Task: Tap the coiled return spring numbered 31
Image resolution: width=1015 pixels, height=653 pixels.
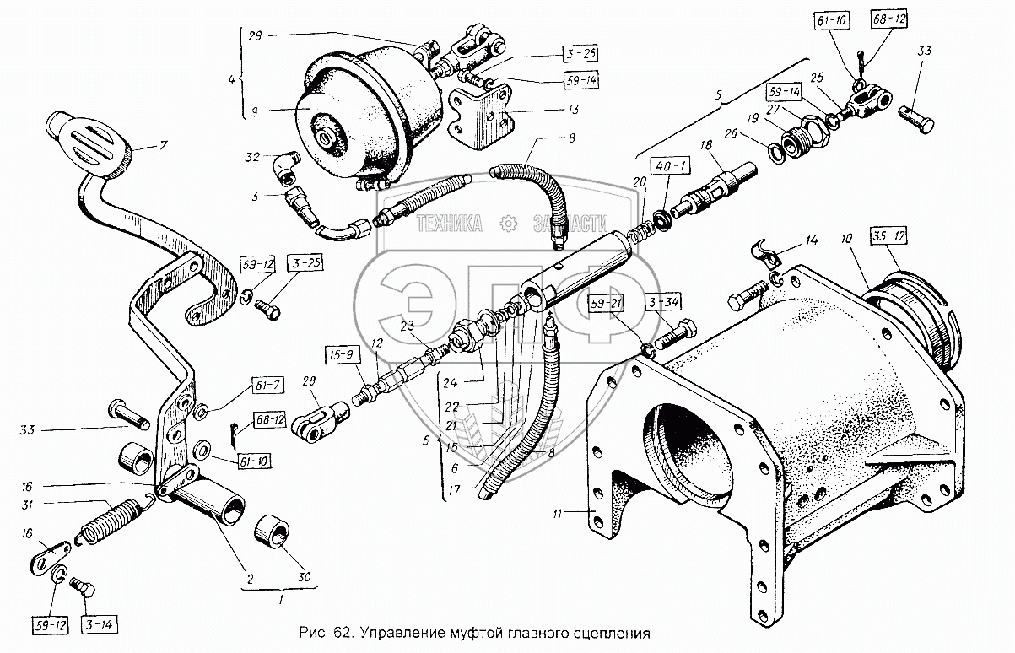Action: coord(111,521)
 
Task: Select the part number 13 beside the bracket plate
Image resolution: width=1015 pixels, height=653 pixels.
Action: coord(549,110)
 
